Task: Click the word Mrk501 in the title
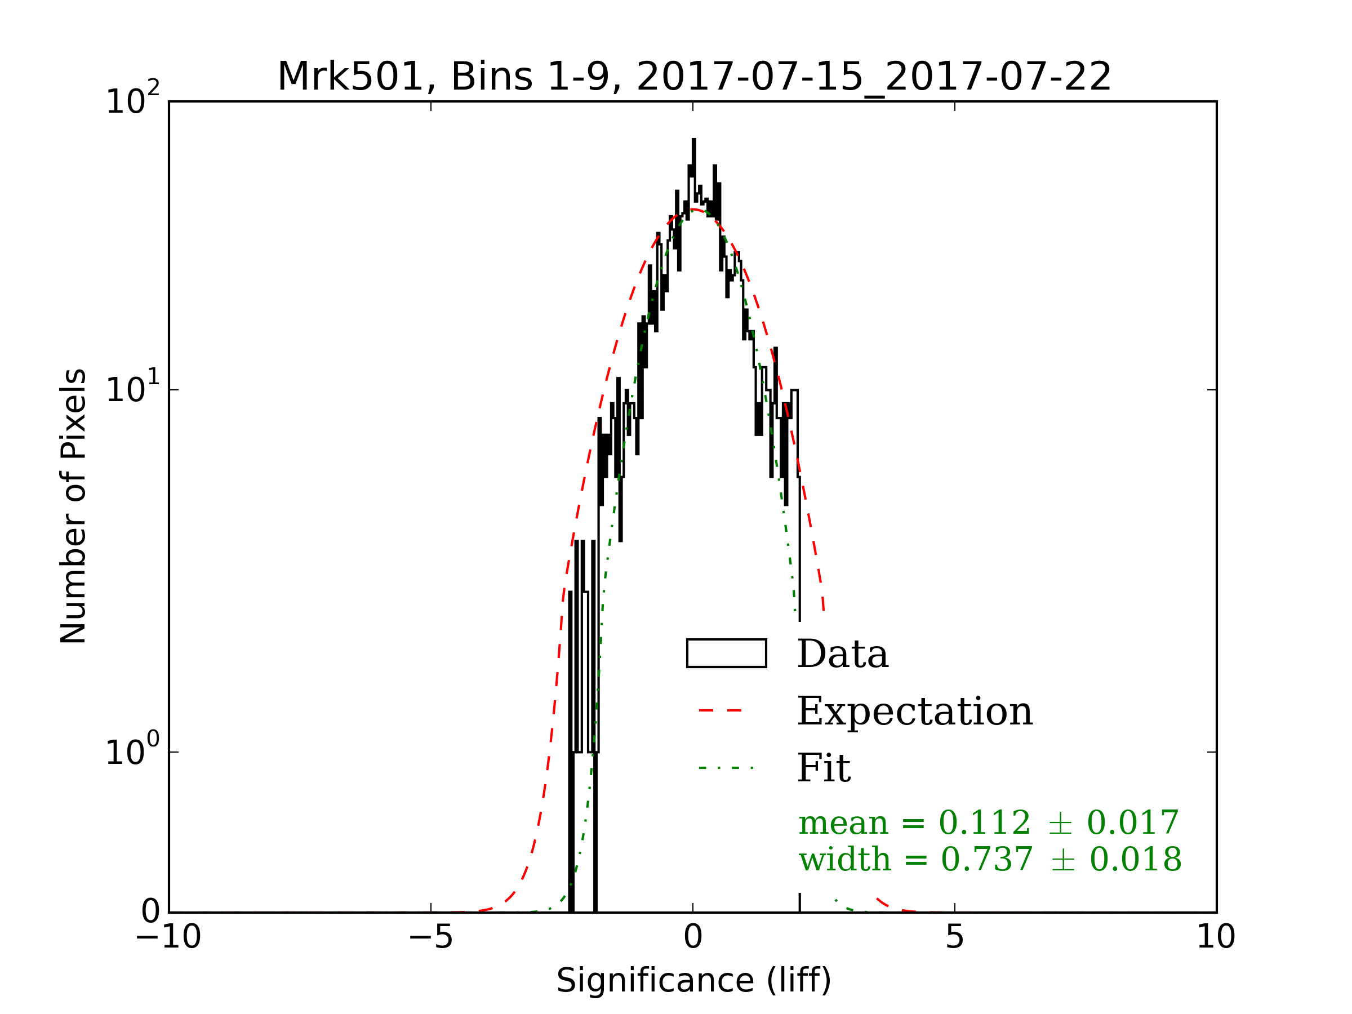tap(351, 77)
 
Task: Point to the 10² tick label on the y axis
tap(132, 100)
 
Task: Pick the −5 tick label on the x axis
tap(431, 937)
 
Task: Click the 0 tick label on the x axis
tap(692, 937)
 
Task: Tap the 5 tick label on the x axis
tap(955, 937)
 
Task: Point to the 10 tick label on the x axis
tap(1216, 937)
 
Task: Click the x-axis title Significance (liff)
tap(693, 981)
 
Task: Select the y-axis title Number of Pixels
tap(74, 506)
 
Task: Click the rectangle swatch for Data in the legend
tap(726, 653)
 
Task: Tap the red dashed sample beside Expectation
tap(721, 710)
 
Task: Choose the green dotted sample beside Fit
tap(726, 768)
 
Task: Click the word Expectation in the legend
tap(915, 711)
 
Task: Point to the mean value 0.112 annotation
tap(985, 822)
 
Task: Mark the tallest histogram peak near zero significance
tap(693, 141)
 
